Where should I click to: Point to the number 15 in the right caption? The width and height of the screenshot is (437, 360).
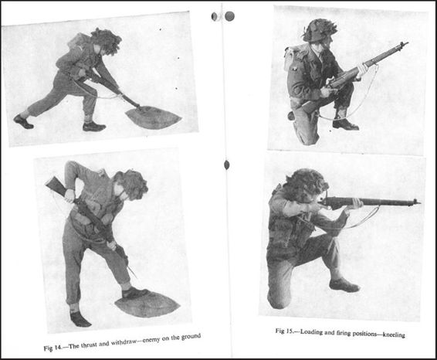(x=289, y=331)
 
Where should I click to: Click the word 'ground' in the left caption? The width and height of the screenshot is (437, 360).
(x=191, y=336)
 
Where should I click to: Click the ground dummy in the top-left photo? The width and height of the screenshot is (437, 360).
(x=153, y=117)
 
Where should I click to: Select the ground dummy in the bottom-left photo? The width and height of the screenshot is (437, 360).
(x=147, y=304)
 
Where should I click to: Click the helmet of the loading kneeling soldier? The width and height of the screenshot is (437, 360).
(x=320, y=29)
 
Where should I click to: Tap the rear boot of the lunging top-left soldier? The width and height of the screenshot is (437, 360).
(x=23, y=121)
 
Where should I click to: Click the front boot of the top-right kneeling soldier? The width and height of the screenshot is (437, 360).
(x=345, y=124)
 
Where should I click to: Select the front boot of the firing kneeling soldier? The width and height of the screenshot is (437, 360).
(x=344, y=285)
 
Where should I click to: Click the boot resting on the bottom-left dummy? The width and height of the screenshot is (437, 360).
(x=136, y=293)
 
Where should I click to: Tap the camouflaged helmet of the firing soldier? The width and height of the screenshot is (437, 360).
(x=309, y=185)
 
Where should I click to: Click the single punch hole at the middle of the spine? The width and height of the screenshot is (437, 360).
(x=227, y=165)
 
